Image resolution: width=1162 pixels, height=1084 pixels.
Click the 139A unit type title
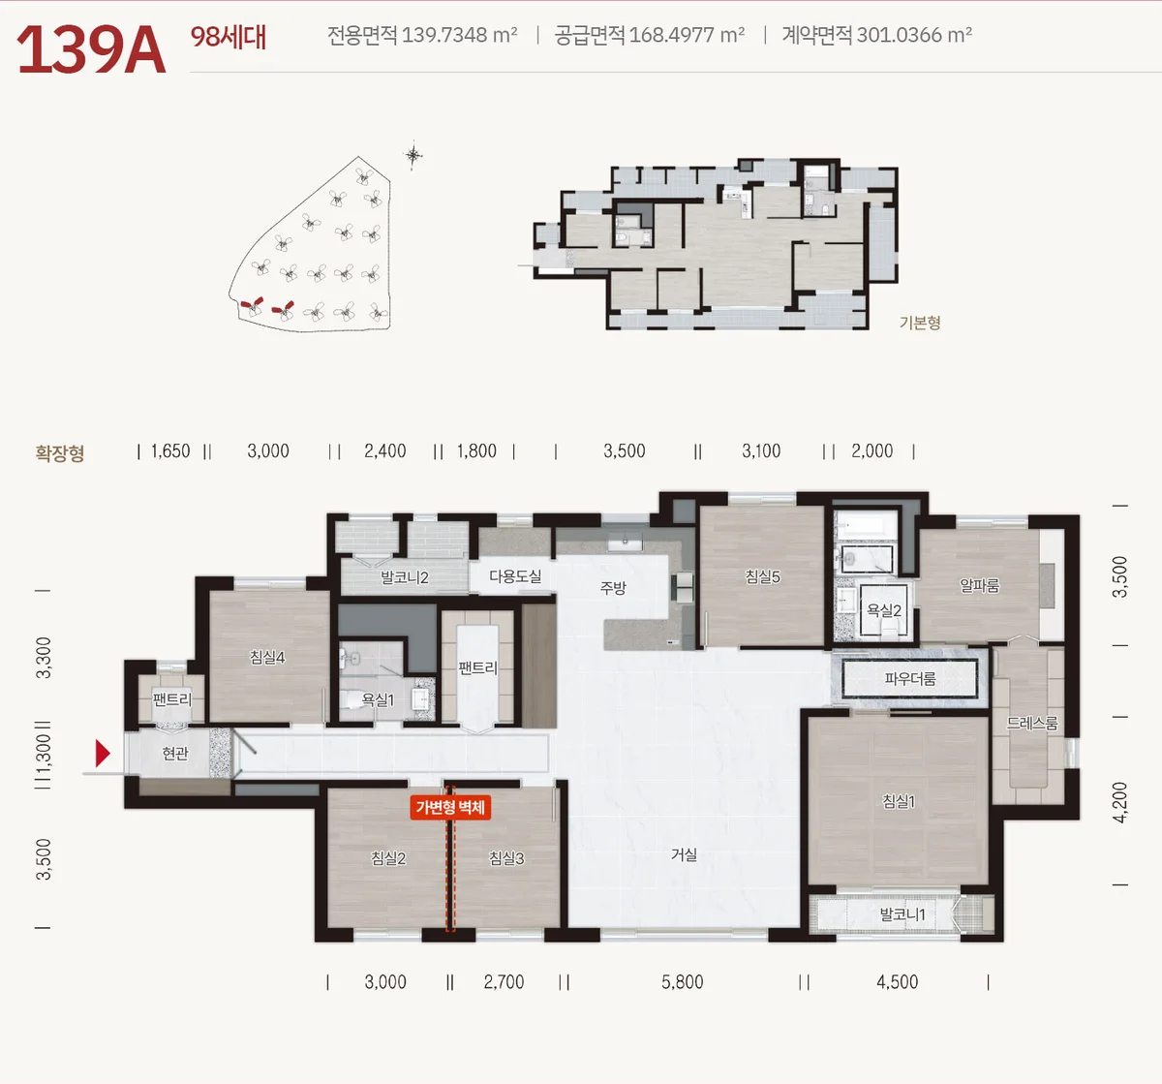click(x=91, y=49)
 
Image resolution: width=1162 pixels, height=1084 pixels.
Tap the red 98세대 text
click(x=229, y=37)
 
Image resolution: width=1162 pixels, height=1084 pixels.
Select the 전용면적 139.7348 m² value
click(x=422, y=35)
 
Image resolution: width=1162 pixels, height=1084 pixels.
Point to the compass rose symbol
click(x=413, y=155)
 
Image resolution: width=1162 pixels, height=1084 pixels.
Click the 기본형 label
click(x=920, y=323)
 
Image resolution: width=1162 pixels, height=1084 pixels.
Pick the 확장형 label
click(x=60, y=452)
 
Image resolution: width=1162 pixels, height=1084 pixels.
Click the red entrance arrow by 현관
click(x=103, y=753)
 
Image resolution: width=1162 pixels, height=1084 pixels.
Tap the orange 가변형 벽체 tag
click(x=450, y=808)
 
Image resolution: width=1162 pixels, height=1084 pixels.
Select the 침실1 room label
click(x=898, y=800)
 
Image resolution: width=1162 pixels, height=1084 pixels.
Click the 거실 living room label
click(x=684, y=854)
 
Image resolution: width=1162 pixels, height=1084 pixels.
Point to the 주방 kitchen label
click(x=613, y=587)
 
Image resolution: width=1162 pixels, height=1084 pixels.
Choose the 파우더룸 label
click(x=910, y=679)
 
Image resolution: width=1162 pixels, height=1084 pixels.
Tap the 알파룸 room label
click(x=979, y=585)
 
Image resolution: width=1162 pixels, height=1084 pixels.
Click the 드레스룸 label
click(x=1032, y=724)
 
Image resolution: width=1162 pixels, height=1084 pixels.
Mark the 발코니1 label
click(x=902, y=914)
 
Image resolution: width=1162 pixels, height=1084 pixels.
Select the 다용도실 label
click(x=515, y=576)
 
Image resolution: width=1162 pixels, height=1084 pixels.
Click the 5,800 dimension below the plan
click(x=683, y=982)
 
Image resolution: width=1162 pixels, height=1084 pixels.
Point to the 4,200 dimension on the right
click(x=1119, y=802)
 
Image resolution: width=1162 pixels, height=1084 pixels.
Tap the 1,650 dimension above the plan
click(x=170, y=450)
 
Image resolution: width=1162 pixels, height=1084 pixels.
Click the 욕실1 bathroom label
click(x=378, y=699)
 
